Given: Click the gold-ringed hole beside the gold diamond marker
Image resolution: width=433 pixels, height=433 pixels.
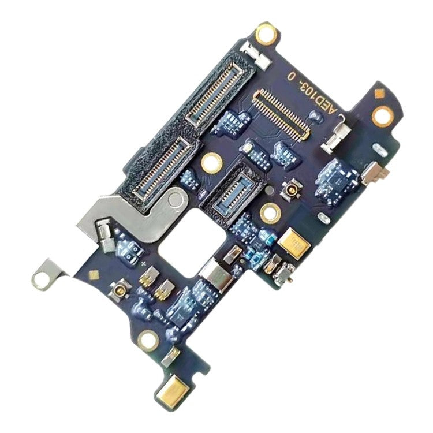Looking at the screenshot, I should click(382, 116).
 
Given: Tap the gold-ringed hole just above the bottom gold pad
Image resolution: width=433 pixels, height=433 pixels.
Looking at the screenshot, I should click(148, 340).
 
